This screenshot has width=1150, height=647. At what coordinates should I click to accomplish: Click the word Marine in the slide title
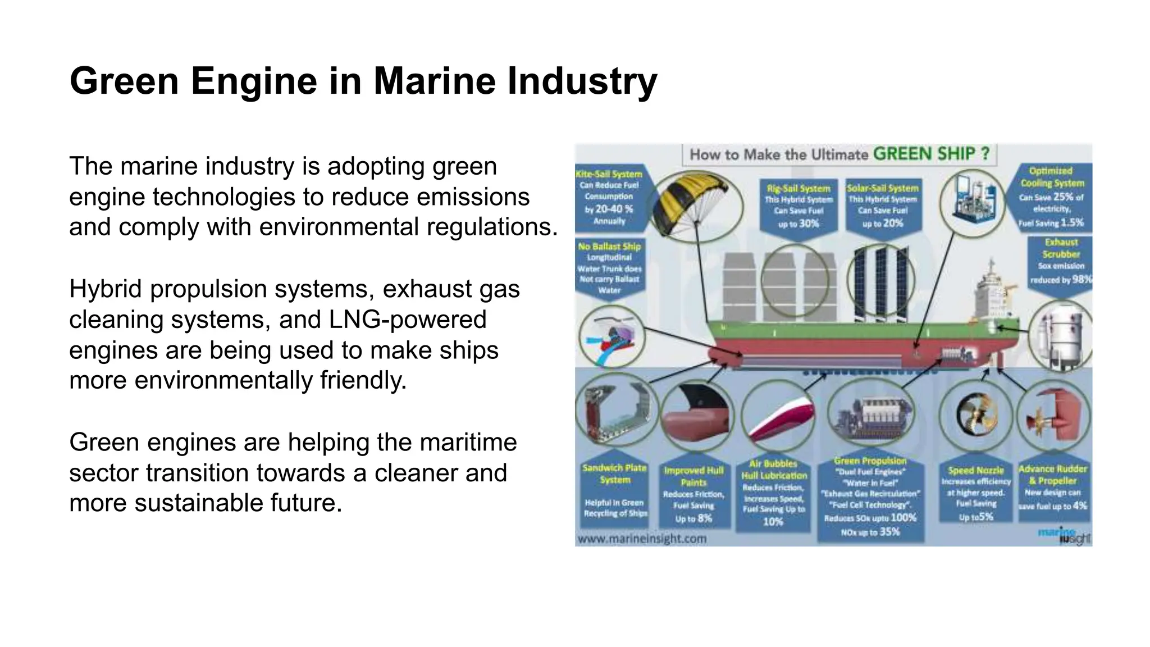(x=435, y=81)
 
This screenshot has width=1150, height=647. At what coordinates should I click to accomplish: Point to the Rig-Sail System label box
(x=798, y=206)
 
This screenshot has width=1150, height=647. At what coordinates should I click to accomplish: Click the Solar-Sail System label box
(x=883, y=206)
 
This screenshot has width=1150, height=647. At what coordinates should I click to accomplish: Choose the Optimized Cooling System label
(x=1051, y=197)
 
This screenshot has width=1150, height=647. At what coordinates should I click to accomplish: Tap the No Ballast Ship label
(x=609, y=268)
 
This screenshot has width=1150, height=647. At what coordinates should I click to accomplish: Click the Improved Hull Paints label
(x=693, y=494)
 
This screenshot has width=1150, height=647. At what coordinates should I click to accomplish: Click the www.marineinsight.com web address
(x=642, y=539)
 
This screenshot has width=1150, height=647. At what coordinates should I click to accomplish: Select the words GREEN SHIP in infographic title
(x=931, y=154)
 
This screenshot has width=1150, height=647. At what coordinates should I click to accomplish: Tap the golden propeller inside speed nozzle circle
(x=976, y=416)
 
